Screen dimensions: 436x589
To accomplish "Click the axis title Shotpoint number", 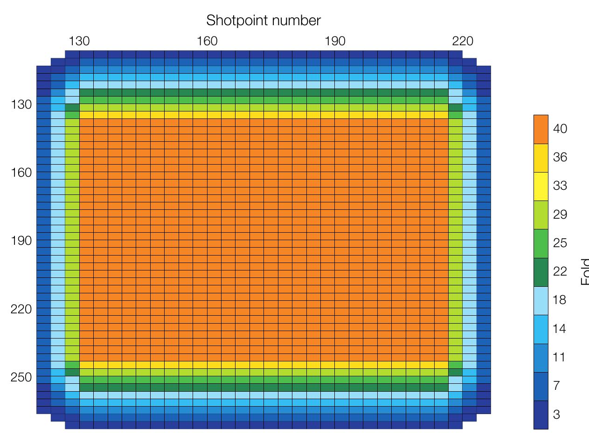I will coord(263,21).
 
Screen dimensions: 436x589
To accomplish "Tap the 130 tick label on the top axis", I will coord(79,42).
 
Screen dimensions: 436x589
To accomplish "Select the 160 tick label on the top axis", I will coord(207,42).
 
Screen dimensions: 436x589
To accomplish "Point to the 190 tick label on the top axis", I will coord(335,42).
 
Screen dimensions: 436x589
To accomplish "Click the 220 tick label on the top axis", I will coord(463,42).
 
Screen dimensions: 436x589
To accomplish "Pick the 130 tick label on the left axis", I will coord(21,104).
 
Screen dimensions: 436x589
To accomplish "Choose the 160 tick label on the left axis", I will coord(21,173).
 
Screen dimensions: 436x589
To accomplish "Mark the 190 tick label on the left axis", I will coord(21,241).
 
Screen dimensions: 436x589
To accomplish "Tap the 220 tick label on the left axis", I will coord(21,309).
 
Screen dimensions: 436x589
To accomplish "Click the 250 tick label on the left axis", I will coord(21,377).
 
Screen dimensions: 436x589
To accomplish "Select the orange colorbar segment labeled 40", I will coord(541,129).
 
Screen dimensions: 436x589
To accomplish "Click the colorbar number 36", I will coord(560,158).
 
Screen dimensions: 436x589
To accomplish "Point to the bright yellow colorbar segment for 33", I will coord(541,187).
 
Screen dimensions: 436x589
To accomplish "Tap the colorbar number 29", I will coord(560,215).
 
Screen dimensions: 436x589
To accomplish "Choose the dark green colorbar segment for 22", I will coord(541,272).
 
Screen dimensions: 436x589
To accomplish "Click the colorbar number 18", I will coord(560,300).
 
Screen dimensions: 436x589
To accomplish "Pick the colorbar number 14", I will coord(560,329).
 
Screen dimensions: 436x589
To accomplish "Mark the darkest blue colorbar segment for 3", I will coord(541,415).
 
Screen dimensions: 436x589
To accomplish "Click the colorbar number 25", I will coord(560,243).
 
